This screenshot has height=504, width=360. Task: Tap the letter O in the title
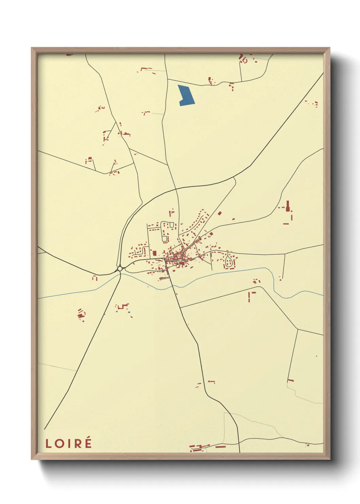[60, 443]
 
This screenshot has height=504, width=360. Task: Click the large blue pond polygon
[186, 94]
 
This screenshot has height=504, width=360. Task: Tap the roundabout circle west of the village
[120, 269]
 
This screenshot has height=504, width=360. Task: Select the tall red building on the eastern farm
[288, 206]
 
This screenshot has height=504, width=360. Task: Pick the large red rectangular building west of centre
[155, 253]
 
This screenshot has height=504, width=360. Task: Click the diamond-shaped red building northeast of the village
[219, 213]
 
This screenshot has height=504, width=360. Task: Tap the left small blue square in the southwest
[117, 311]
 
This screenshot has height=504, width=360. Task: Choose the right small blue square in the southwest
[129, 312]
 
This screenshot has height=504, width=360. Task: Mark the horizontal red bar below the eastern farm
[286, 224]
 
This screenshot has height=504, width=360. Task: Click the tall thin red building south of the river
[249, 297]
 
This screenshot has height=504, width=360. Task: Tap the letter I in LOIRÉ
[69, 443]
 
